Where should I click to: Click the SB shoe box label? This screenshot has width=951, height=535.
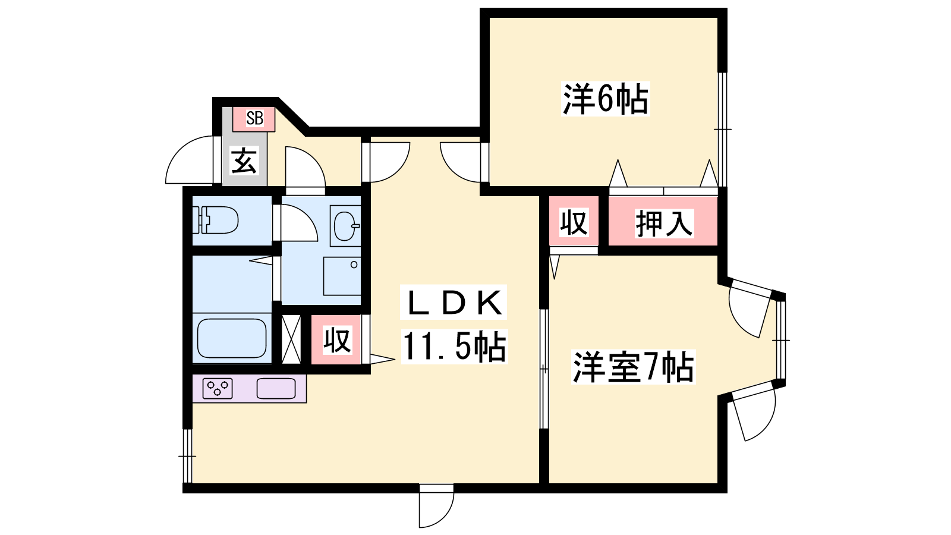255,118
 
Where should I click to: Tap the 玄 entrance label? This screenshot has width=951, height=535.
244,160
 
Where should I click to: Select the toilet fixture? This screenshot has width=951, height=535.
215,220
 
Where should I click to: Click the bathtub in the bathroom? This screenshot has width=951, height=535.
232,338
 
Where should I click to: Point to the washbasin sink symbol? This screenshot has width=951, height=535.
345,226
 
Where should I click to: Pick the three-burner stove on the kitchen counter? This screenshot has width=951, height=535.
218,388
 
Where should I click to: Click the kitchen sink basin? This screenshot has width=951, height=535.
276,388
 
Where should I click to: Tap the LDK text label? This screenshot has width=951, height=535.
454,303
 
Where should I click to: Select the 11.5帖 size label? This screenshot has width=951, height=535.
454,347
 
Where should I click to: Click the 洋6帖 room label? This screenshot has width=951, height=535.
606,99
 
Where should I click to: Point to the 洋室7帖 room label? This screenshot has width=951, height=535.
633,367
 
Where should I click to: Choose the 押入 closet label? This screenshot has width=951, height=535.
664,223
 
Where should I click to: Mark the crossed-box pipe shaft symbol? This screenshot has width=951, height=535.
291,339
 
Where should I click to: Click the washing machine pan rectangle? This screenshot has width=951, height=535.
342,276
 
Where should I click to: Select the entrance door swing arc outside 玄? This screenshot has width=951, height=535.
190,160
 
